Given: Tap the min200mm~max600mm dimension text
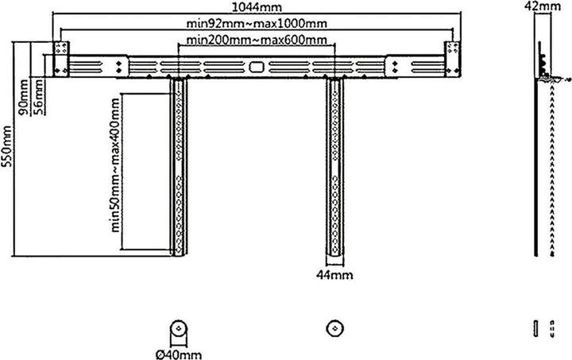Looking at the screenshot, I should pos(254,40).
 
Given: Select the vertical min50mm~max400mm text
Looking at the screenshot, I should pos(117,163).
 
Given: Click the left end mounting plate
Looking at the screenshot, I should pos(61,59).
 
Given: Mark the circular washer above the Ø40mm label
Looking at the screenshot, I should pos(177,327).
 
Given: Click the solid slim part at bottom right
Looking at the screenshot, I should pos(533,328).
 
